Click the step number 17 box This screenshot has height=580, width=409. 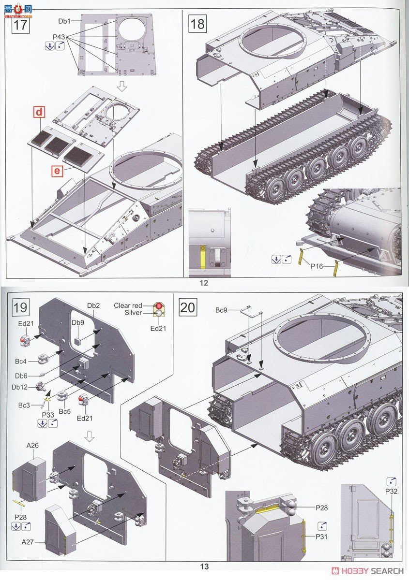[x=19, y=24]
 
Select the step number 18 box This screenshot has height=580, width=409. [x=197, y=24]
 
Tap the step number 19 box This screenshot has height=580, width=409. [x=19, y=307]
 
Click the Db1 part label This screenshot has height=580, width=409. [x=64, y=21]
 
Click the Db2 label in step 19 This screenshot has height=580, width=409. [x=93, y=305]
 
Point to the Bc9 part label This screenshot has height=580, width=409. [x=222, y=309]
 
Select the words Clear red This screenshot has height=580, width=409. [x=128, y=305]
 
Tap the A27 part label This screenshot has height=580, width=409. [x=28, y=542]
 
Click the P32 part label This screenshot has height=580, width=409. [x=391, y=491]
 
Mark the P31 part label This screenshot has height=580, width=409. [x=322, y=536]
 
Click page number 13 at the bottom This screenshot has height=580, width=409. [x=204, y=566]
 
